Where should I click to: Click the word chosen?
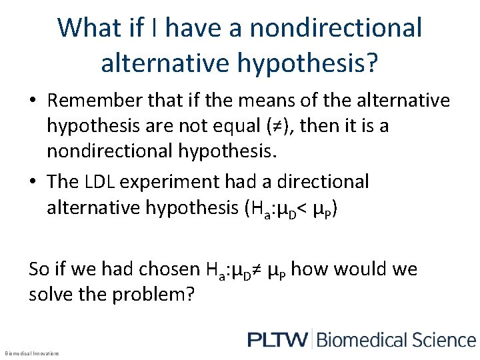(x=162, y=269)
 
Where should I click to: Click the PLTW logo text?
(x=277, y=339)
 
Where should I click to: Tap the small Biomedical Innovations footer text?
(x=32, y=353)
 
